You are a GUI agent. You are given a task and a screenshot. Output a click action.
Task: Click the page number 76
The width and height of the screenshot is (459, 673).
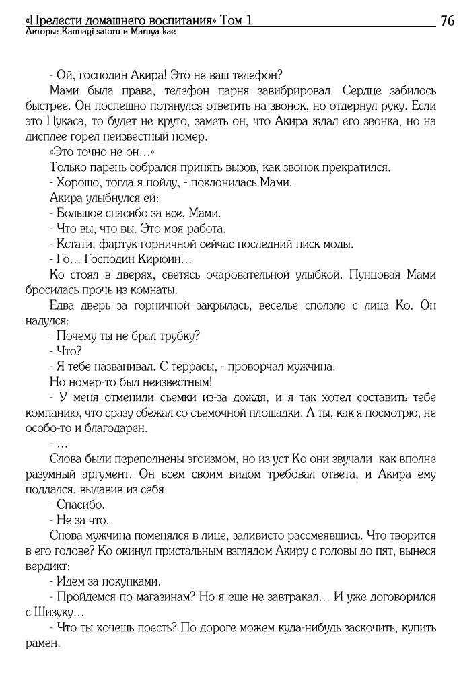tap(447, 20)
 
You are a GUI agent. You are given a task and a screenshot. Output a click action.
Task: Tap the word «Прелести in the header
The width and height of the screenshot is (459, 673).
tap(50, 20)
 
